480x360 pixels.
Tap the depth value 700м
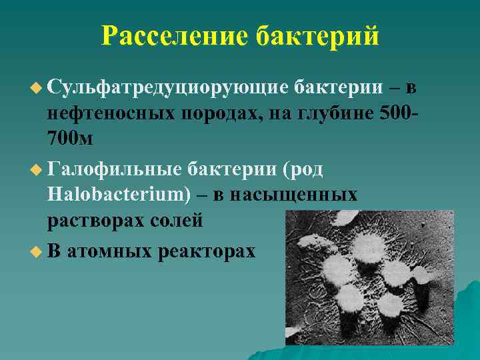click(x=71, y=141)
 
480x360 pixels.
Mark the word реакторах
click(x=208, y=252)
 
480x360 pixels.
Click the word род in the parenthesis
click(x=306, y=170)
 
